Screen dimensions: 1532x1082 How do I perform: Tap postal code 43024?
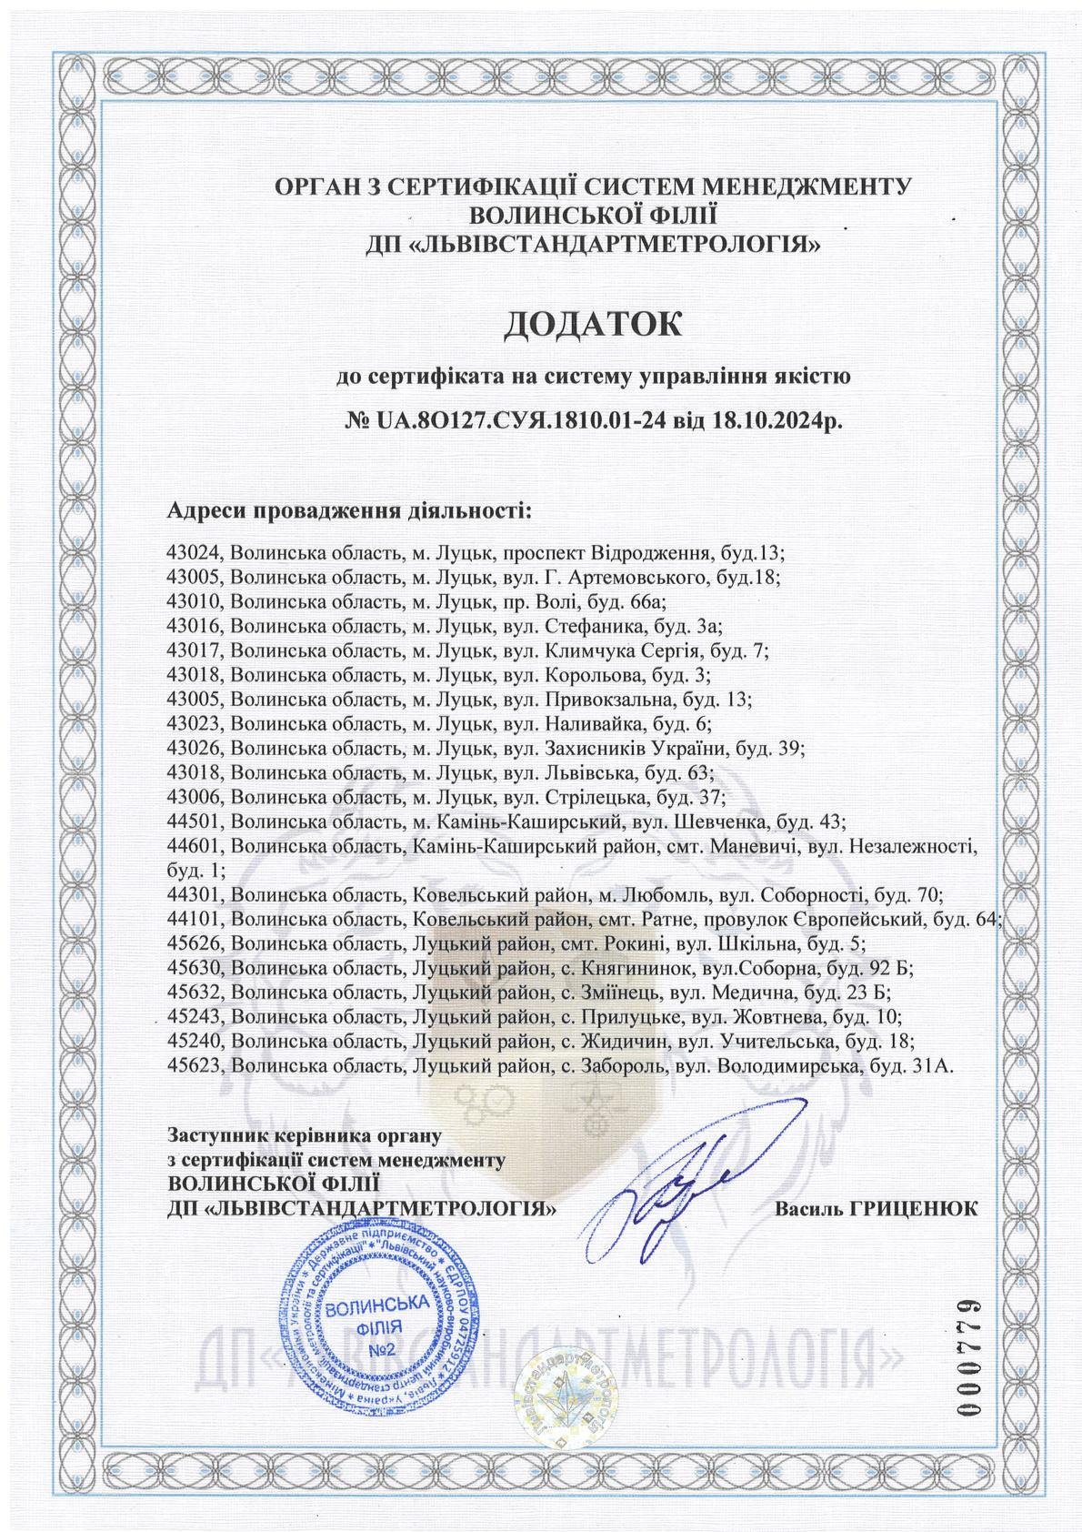[196, 553]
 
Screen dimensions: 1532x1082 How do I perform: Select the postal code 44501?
[196, 822]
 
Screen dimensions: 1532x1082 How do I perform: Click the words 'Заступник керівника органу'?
[304, 1135]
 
